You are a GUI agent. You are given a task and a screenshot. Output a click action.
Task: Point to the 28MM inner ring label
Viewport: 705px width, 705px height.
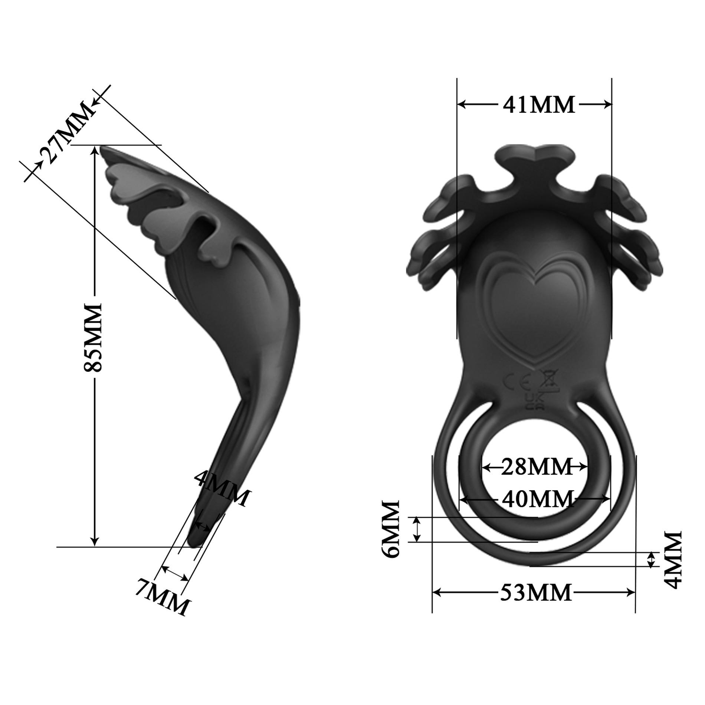(x=536, y=467)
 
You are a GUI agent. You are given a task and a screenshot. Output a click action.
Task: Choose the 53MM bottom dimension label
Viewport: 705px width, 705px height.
(x=535, y=593)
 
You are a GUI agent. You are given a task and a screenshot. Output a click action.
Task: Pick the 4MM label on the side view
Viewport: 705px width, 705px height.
(x=222, y=487)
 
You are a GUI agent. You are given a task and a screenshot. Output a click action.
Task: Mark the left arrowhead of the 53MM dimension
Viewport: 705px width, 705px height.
(x=436, y=592)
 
